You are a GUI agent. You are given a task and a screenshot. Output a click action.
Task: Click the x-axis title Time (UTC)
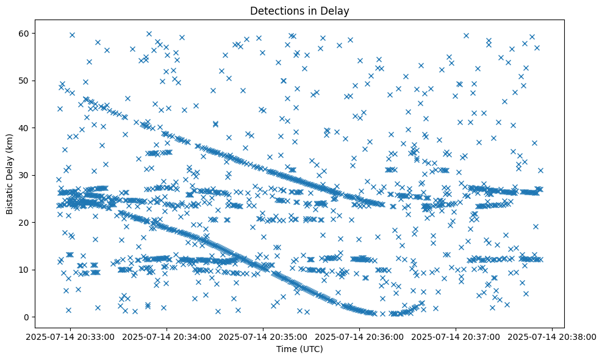point(299,350)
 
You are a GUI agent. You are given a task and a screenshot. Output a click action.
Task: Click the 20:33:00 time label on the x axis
point(71,336)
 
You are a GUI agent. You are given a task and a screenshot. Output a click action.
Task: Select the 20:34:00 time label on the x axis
point(167,336)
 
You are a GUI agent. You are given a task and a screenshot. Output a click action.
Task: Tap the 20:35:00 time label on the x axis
point(263,336)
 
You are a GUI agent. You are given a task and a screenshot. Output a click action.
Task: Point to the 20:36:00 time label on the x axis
point(360,336)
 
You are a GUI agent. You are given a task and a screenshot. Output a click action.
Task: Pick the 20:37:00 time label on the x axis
point(456,336)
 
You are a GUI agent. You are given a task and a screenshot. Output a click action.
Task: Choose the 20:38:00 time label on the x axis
point(553,336)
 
